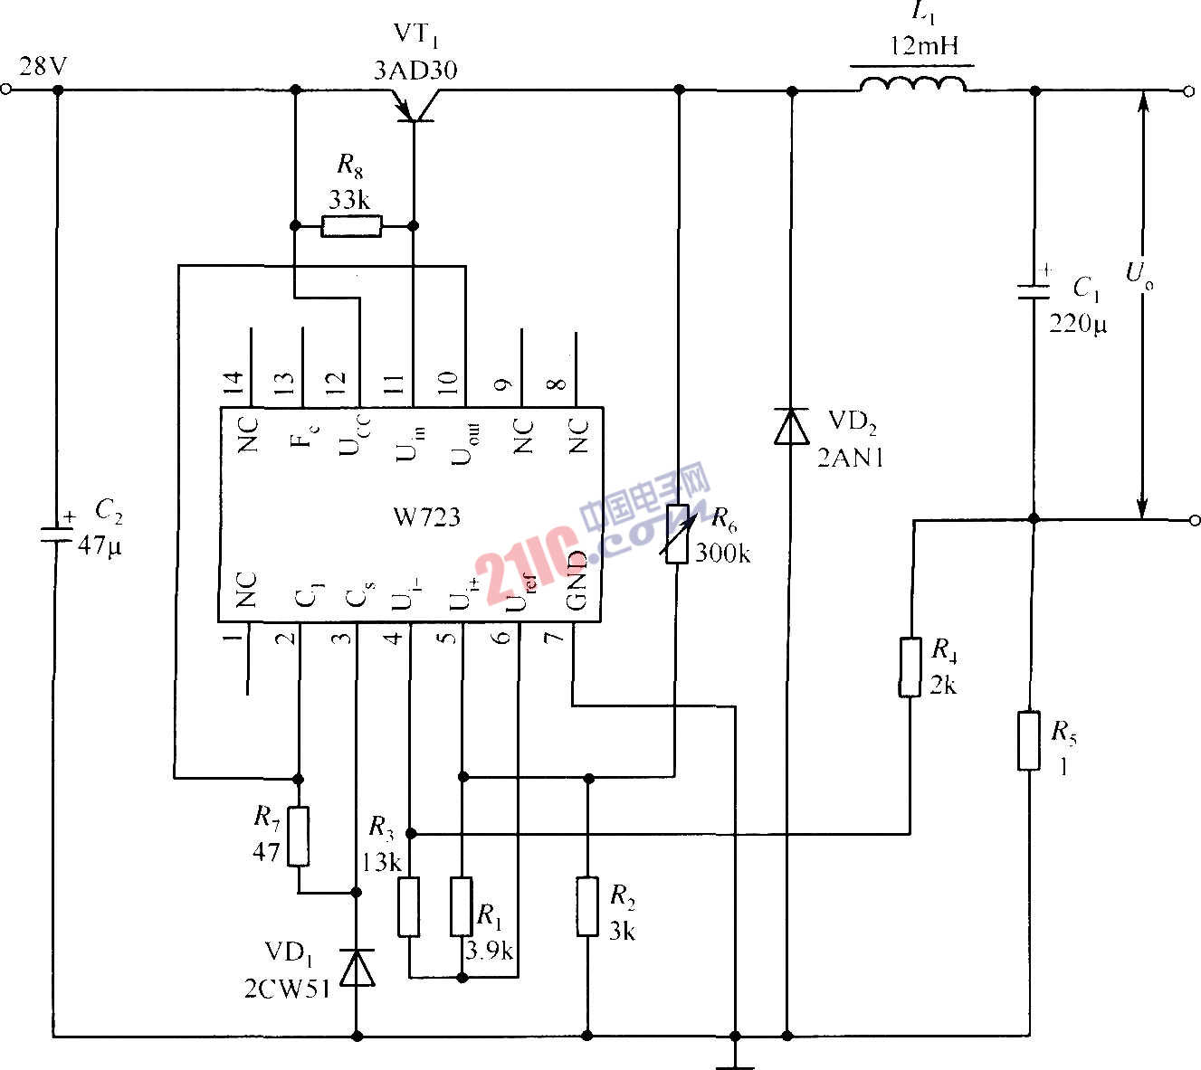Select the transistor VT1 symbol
point(414,107)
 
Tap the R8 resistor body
point(351,225)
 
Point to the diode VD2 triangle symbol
point(791,426)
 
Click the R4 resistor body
point(910,668)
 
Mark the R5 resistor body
point(1028,741)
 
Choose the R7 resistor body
point(298,836)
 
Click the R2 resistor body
point(587,906)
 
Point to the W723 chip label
point(426,517)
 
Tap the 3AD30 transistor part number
point(415,70)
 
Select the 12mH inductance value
point(922,45)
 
